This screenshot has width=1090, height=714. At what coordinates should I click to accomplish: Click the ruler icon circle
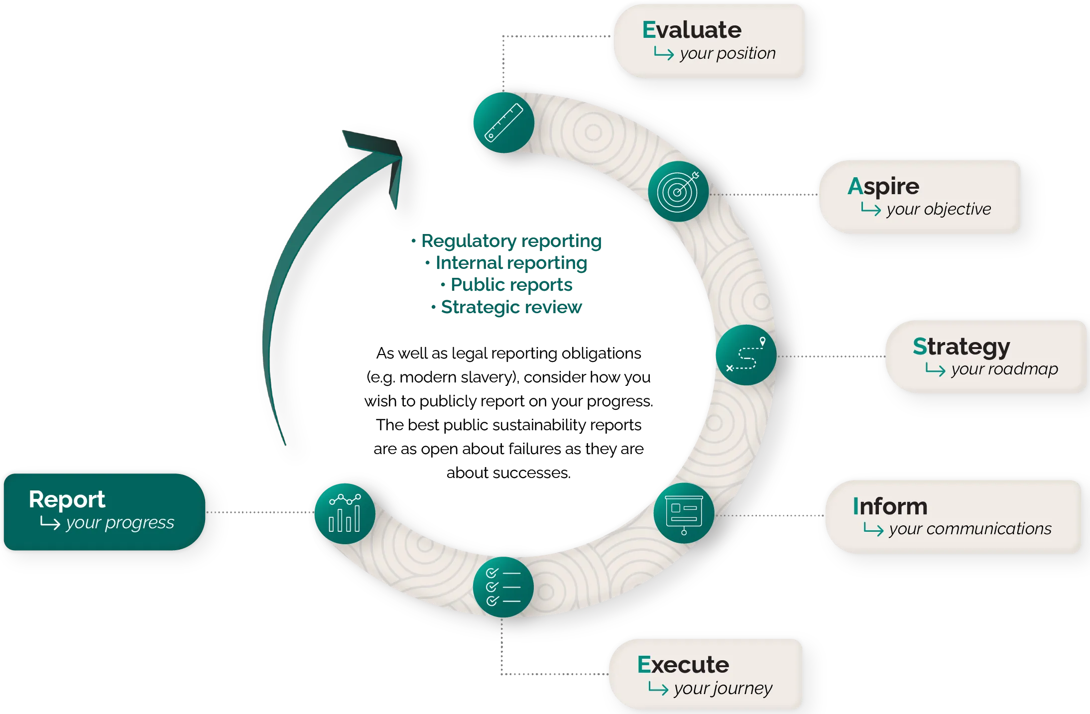coord(503,122)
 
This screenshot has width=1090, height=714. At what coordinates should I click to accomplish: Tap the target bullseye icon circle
coord(678,191)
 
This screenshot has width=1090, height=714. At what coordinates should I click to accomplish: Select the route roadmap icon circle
coord(746,355)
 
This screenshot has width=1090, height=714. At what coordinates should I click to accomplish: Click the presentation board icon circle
coord(684,513)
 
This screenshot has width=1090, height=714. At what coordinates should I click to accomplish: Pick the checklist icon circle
coord(503,587)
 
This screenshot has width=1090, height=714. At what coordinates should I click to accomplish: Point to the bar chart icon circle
coord(345,513)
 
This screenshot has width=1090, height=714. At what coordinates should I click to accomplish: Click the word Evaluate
coord(692,30)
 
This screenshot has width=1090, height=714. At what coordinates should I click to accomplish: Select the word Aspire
coord(883,187)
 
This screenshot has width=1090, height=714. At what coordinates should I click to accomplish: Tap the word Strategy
coord(961,347)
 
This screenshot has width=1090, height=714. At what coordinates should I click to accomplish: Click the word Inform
coord(890,506)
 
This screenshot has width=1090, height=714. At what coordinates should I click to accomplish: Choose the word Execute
coord(683,665)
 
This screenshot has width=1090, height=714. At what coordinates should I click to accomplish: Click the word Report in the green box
coord(67,499)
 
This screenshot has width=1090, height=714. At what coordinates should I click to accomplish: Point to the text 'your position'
coord(727,53)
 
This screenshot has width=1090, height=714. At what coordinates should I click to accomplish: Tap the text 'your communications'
coord(970,529)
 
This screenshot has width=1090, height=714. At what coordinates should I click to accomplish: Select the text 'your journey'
coord(723,689)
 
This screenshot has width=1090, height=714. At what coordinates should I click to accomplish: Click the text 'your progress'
coord(120,523)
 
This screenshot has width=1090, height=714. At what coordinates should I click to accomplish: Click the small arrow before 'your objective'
coord(871,210)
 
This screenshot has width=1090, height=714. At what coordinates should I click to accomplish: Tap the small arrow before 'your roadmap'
coord(935,369)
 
